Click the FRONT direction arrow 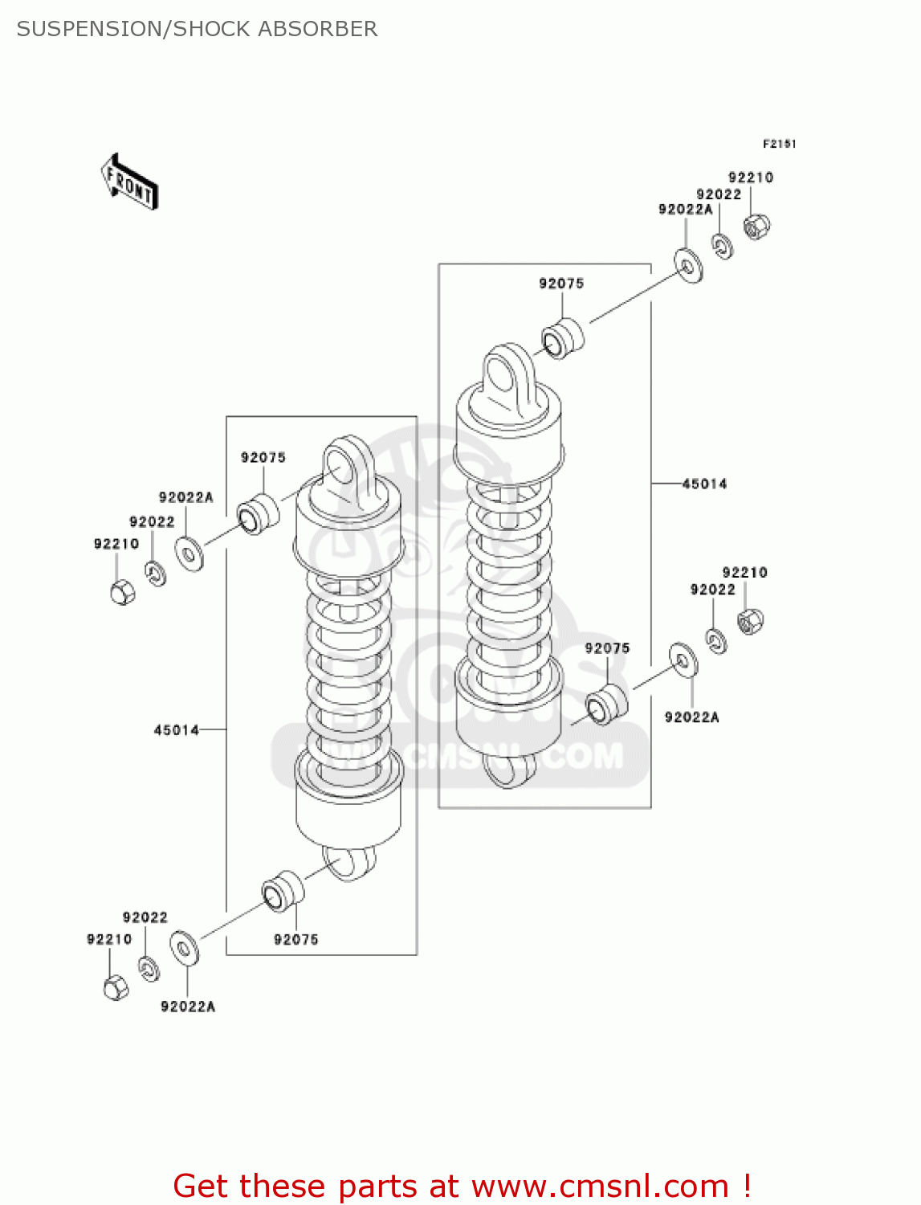coord(129,182)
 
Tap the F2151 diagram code coord(779,144)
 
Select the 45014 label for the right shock coord(704,484)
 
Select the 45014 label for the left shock coord(176,730)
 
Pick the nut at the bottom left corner coord(116,987)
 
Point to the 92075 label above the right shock coord(561,284)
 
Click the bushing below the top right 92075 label coord(564,339)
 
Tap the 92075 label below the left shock coord(296,939)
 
